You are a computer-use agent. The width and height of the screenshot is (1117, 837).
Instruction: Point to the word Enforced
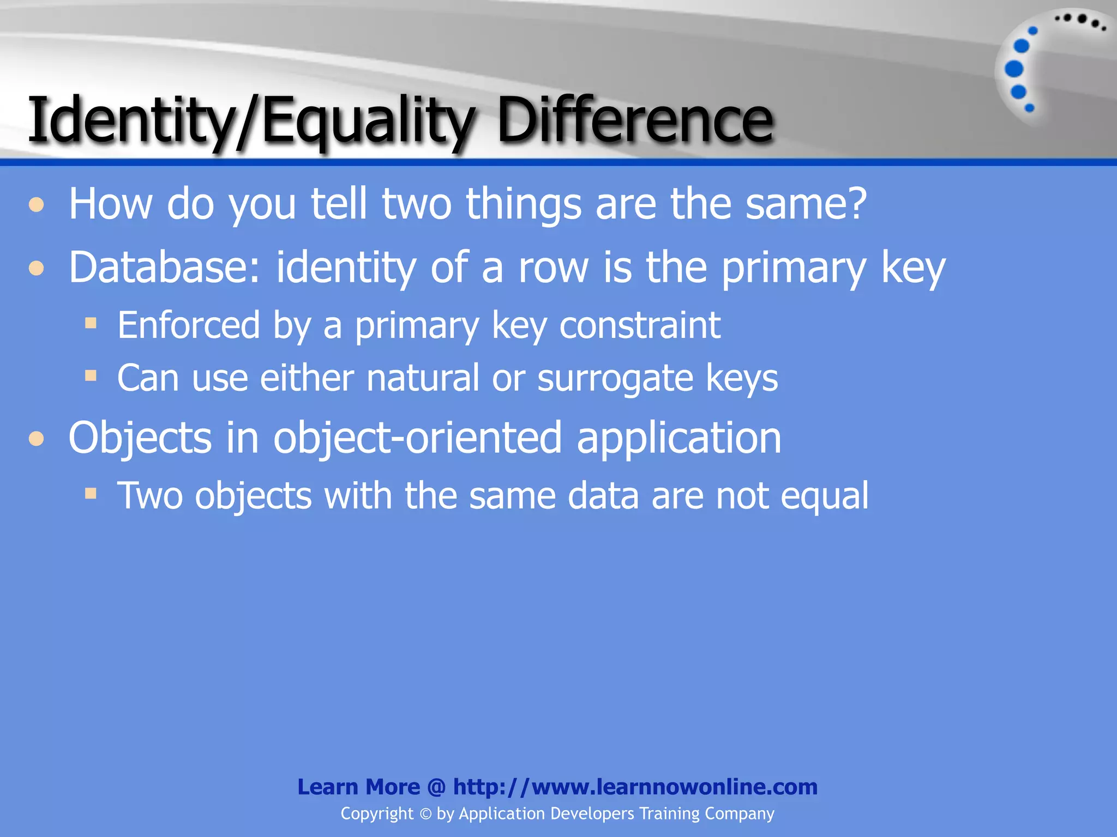click(x=189, y=325)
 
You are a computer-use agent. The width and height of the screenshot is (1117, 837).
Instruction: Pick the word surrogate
click(x=615, y=379)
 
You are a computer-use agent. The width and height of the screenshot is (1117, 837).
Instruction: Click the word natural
click(x=423, y=378)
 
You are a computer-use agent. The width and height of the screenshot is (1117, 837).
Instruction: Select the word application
click(x=679, y=439)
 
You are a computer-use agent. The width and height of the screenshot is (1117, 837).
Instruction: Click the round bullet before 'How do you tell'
click(x=37, y=205)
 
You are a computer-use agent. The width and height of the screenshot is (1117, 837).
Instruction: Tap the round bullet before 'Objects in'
click(x=37, y=439)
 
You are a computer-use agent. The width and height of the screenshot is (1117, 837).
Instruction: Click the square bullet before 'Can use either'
click(x=91, y=375)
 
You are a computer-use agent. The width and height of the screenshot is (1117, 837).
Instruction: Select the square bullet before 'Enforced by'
click(x=91, y=324)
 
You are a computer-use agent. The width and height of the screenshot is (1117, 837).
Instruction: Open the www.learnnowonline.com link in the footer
click(x=635, y=787)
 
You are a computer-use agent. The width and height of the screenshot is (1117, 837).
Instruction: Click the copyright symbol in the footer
click(x=425, y=814)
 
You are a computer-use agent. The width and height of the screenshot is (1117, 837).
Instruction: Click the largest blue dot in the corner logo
click(x=1014, y=69)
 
